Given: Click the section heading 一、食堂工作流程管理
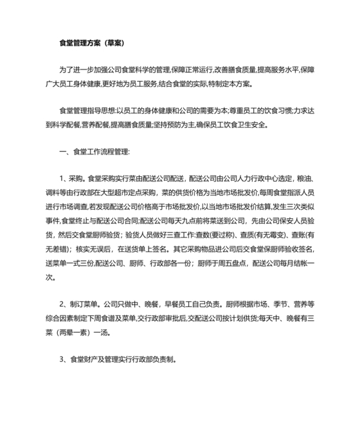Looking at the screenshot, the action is click(94, 153).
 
